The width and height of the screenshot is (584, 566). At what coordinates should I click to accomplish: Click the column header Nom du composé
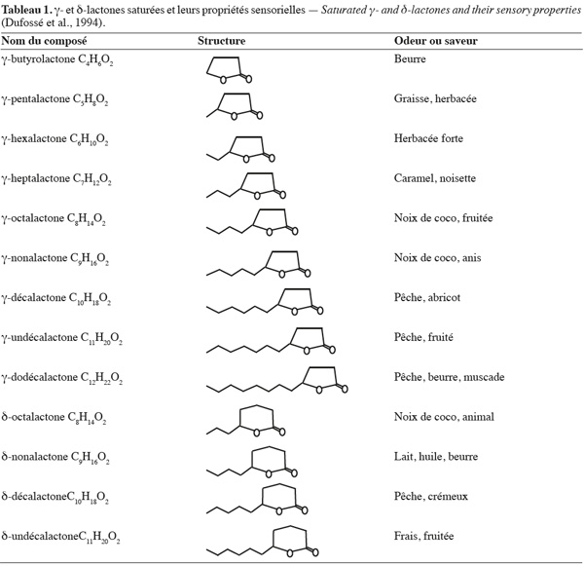(45, 41)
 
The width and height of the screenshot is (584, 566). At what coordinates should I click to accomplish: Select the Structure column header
(221, 41)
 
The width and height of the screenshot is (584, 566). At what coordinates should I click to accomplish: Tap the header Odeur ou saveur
(436, 41)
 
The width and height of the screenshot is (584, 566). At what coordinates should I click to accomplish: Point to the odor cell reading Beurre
(410, 58)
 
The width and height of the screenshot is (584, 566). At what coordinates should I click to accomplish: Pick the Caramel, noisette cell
(435, 178)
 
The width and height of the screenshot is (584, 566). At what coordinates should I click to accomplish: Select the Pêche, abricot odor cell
(427, 297)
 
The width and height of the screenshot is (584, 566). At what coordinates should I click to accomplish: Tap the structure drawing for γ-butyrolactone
(229, 70)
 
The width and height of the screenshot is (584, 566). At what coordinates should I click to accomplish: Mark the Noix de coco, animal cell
(444, 417)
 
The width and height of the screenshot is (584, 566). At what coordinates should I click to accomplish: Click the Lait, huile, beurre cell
(436, 457)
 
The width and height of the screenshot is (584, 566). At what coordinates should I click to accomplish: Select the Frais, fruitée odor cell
(423, 536)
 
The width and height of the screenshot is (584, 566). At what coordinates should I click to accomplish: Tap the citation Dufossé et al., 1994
(53, 22)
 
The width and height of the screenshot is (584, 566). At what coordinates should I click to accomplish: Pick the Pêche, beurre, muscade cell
(449, 377)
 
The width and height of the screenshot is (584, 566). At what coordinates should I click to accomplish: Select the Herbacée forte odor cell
(428, 138)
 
